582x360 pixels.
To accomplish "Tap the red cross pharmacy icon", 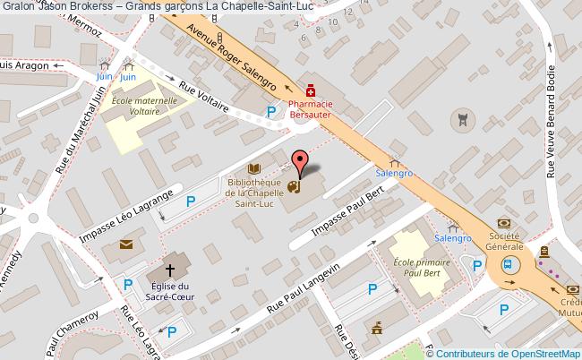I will (x=310, y=90).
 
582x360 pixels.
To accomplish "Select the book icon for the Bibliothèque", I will (x=253, y=168).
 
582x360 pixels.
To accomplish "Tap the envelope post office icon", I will (x=125, y=244).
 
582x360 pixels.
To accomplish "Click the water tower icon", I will (x=462, y=117).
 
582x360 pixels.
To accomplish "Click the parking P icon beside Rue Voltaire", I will (x=270, y=111).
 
